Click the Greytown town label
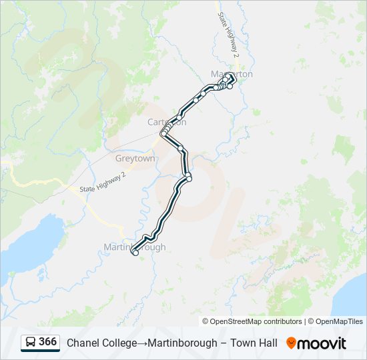pyautogui.click(x=135, y=159)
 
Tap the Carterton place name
pyautogui.click(x=166, y=123)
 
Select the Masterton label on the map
pyautogui.click(x=232, y=74)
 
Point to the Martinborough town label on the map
pyautogui.click(x=134, y=247)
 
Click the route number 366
pyautogui.click(x=47, y=342)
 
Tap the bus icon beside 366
pyautogui.click(x=30, y=343)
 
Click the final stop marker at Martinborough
pyautogui.click(x=135, y=252)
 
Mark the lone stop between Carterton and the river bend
pyautogui.click(x=180, y=147)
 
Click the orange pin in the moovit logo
pyautogui.click(x=291, y=343)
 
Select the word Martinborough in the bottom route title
pyautogui.click(x=182, y=343)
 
